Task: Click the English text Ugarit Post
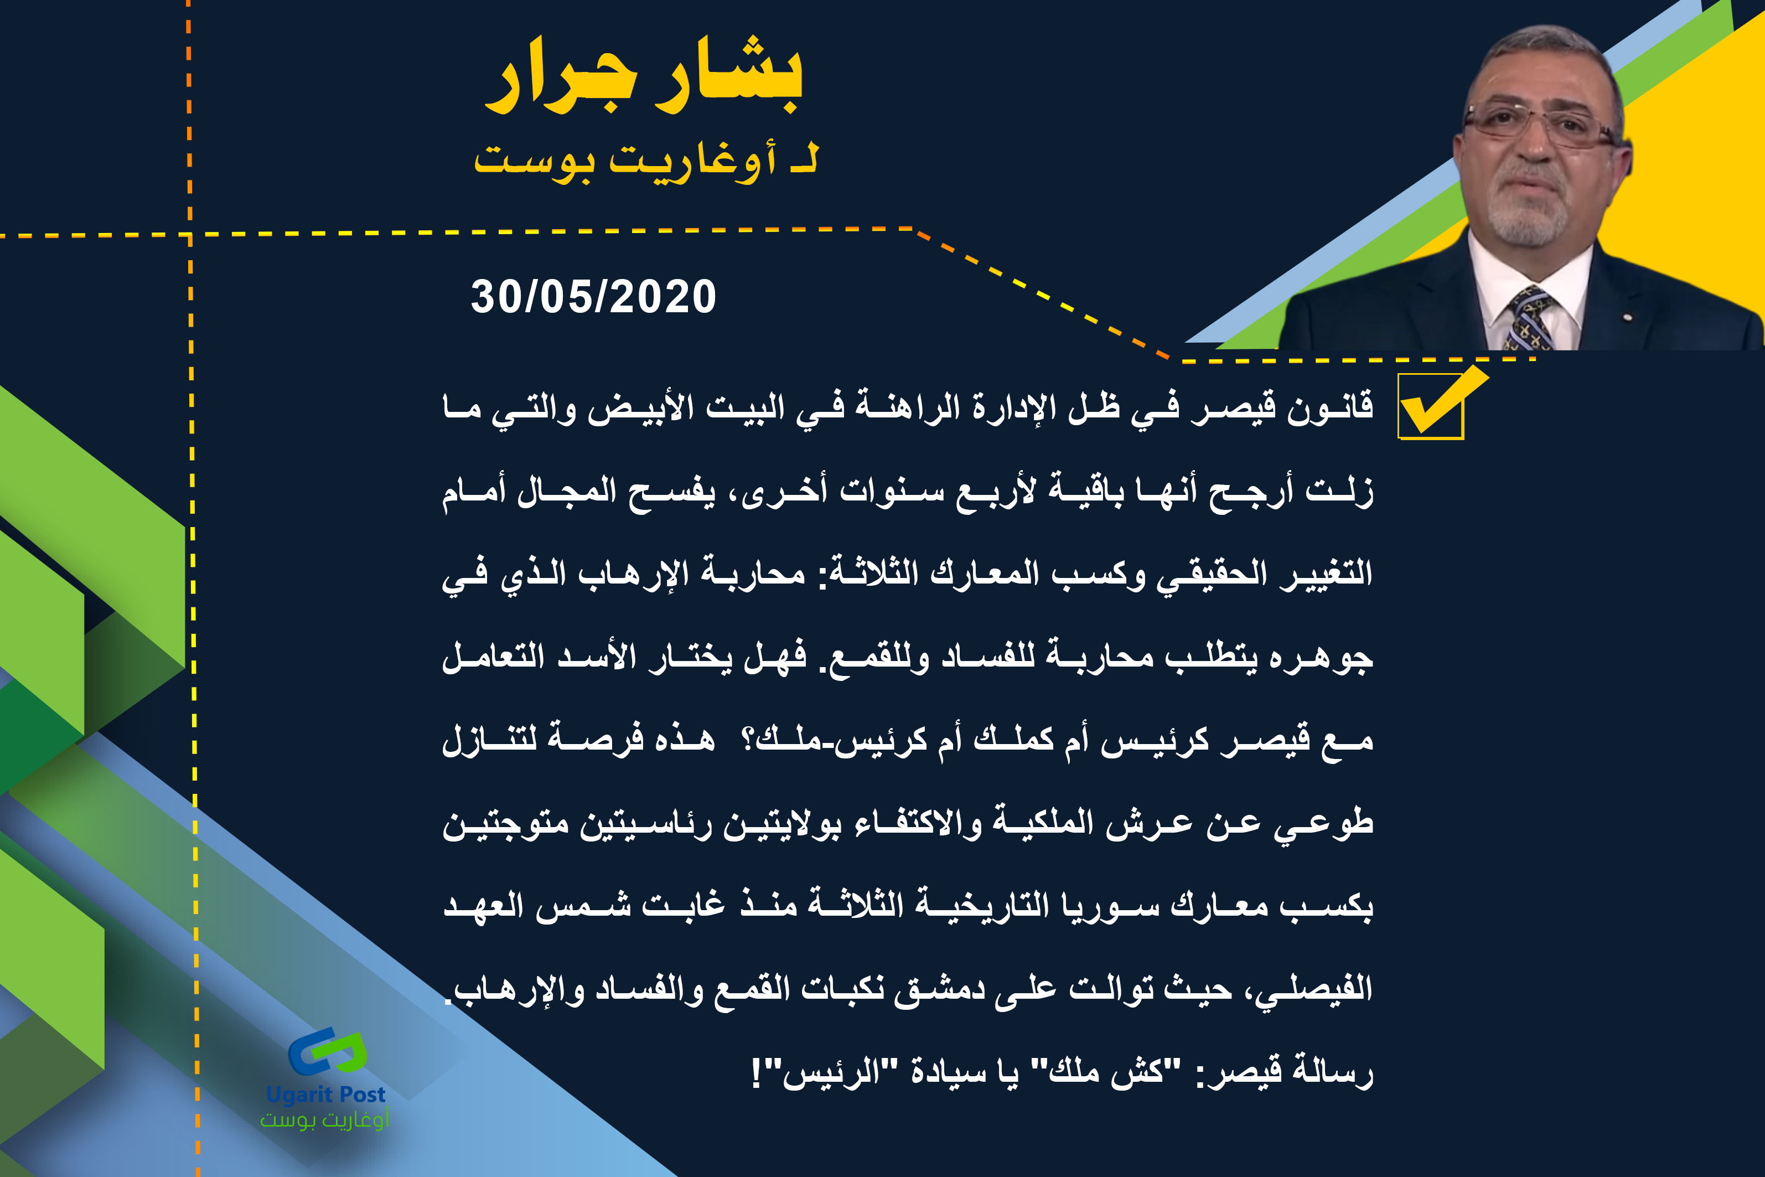click(x=325, y=1095)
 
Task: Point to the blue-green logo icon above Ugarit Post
click(x=328, y=1053)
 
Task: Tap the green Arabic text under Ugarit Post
click(x=324, y=1120)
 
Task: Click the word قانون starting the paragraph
click(x=1331, y=407)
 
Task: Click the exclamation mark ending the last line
click(x=757, y=1074)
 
